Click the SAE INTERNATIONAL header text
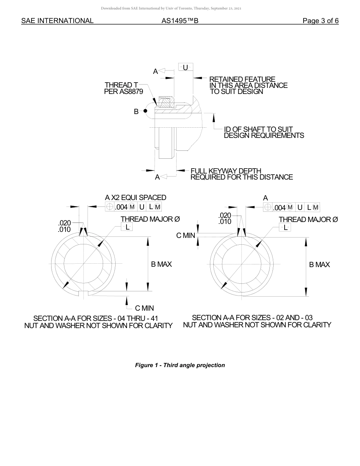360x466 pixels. pyautogui.click(x=57, y=21)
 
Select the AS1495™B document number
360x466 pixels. pyautogui.click(x=180, y=21)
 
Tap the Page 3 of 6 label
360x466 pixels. pyautogui.click(x=321, y=21)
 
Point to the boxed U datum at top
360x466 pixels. pyautogui.click(x=185, y=67)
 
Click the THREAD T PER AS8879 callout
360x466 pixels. pyautogui.click(x=124, y=88)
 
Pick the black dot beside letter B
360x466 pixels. pyautogui.click(x=145, y=111)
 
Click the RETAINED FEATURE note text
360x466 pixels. pyautogui.click(x=248, y=85)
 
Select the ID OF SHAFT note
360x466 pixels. pyautogui.click(x=264, y=132)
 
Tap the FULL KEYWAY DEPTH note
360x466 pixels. pyautogui.click(x=241, y=174)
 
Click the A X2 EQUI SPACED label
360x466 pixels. pyautogui.click(x=136, y=197)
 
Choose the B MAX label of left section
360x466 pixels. pyautogui.click(x=161, y=264)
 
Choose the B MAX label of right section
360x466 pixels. pyautogui.click(x=319, y=264)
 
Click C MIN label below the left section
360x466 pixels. pyautogui.click(x=144, y=308)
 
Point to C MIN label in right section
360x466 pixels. pyautogui.click(x=186, y=235)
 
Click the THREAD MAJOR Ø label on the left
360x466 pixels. pyautogui.click(x=150, y=219)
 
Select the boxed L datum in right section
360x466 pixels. pyautogui.click(x=285, y=227)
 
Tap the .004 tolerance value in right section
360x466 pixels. pyautogui.click(x=279, y=207)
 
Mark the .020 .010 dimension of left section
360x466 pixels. pyautogui.click(x=64, y=226)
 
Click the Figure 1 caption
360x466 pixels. pyautogui.click(x=180, y=365)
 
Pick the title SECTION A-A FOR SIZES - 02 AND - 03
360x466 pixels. pyautogui.click(x=252, y=317)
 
